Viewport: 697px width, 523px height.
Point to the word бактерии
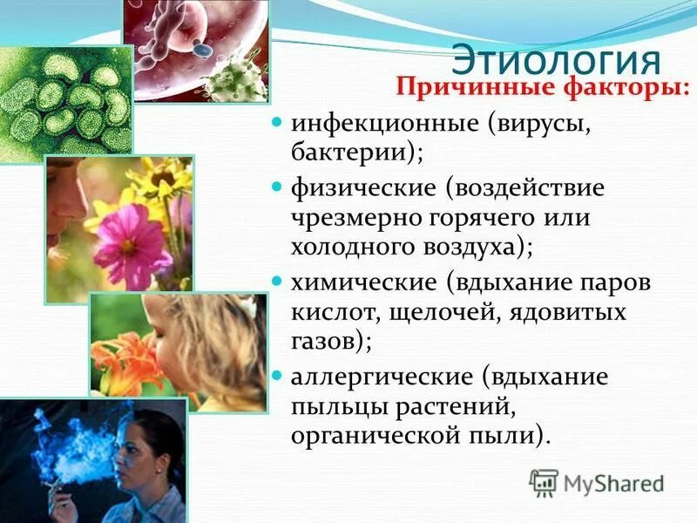pos(355,153)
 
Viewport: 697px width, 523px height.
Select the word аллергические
pos(386,377)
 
